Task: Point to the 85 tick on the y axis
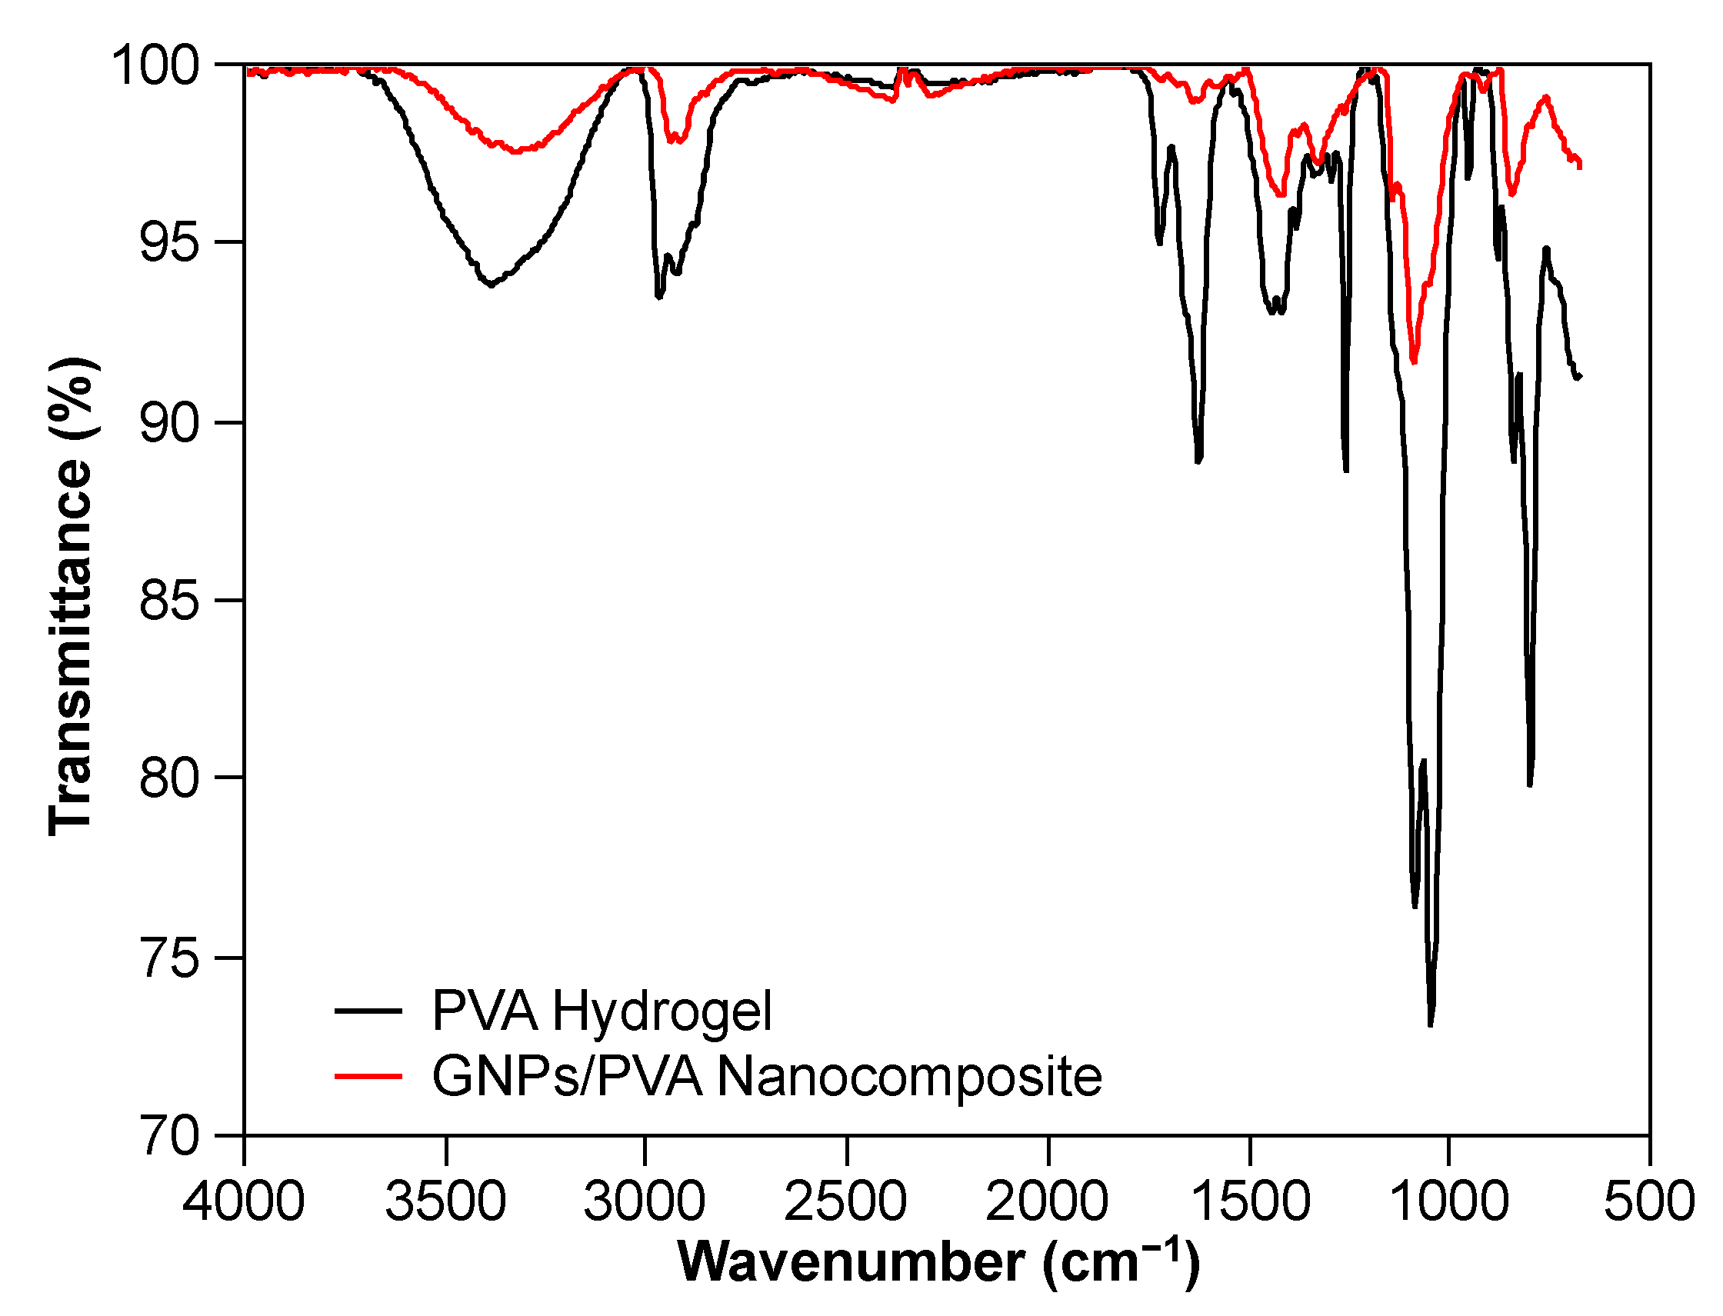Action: [x=168, y=601]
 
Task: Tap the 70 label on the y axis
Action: [x=168, y=1136]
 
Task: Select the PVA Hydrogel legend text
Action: [x=602, y=1011]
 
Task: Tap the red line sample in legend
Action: [x=368, y=1076]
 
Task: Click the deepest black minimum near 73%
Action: [x=1431, y=1024]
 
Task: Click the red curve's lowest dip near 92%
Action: [x=1414, y=362]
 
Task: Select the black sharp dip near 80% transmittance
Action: [x=1530, y=785]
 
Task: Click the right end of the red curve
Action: [x=1581, y=165]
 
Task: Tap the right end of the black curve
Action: [x=1581, y=377]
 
